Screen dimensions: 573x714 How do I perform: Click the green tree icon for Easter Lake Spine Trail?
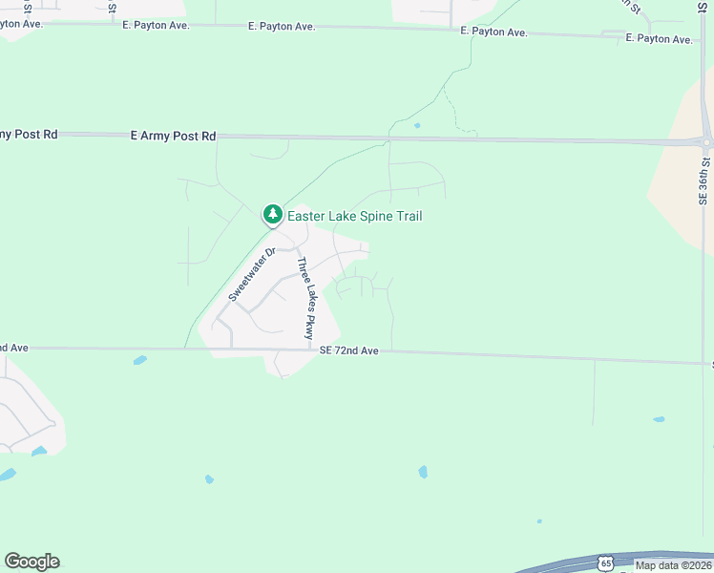273,215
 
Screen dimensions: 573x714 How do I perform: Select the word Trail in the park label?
405,217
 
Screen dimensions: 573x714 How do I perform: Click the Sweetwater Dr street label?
251,274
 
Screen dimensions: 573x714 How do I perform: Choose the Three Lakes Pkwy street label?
304,299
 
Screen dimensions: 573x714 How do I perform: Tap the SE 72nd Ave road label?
349,351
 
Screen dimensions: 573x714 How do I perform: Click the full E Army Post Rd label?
173,137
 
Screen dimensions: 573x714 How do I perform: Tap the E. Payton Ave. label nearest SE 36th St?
659,39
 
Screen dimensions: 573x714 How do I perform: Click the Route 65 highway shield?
605,563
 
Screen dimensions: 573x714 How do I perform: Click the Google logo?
31,562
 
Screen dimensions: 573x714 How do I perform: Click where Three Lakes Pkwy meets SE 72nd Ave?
316,350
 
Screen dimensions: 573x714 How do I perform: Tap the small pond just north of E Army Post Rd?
417,125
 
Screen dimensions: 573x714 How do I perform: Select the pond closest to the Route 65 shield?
539,521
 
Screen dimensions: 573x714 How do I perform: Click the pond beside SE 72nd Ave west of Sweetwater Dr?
140,360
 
